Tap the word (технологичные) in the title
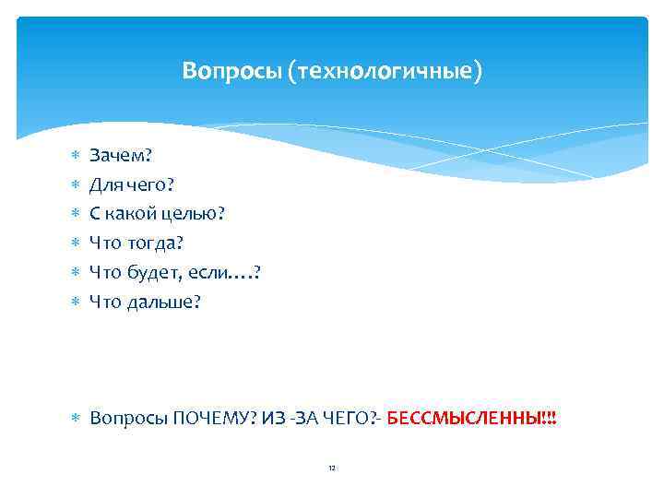pos(384,71)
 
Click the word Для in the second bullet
pos(104,184)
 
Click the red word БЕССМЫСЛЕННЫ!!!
pos(472,418)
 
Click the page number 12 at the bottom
pos(332,468)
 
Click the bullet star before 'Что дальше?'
pos(76,302)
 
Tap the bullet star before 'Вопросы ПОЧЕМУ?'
pos(76,419)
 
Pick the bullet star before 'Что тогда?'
pos(76,243)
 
